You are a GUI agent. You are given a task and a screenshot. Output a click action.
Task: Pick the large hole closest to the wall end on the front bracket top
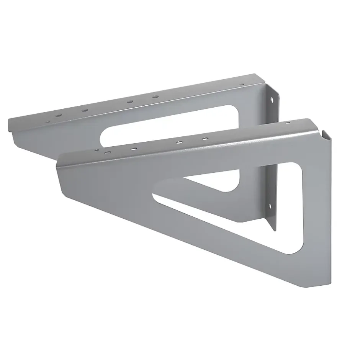click(206, 138)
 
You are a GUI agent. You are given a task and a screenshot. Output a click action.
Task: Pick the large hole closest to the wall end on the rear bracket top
click(155, 97)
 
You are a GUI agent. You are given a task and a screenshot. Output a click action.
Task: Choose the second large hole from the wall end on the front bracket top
click(179, 142)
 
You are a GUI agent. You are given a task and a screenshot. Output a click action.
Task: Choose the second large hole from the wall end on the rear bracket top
click(130, 101)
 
